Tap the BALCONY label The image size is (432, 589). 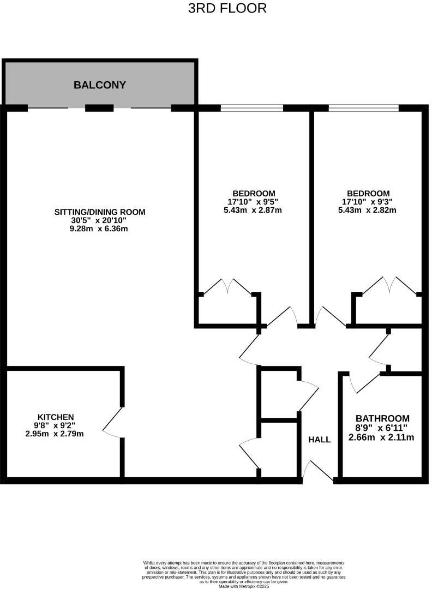pos(100,85)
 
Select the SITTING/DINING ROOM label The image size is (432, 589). pos(100,212)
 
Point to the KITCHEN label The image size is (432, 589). pos(55,417)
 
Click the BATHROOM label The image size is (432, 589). pos(382,419)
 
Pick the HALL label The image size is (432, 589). pos(319,440)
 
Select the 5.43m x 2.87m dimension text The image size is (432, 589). pos(254,210)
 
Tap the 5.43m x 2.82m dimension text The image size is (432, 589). pos(368,210)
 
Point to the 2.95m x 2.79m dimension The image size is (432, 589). pos(55,434)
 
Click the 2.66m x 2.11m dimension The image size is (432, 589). pos(382,437)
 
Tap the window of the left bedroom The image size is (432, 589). pos(252,108)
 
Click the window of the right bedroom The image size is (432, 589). pos(364,108)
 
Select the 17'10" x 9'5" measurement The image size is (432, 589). pos(254,202)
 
